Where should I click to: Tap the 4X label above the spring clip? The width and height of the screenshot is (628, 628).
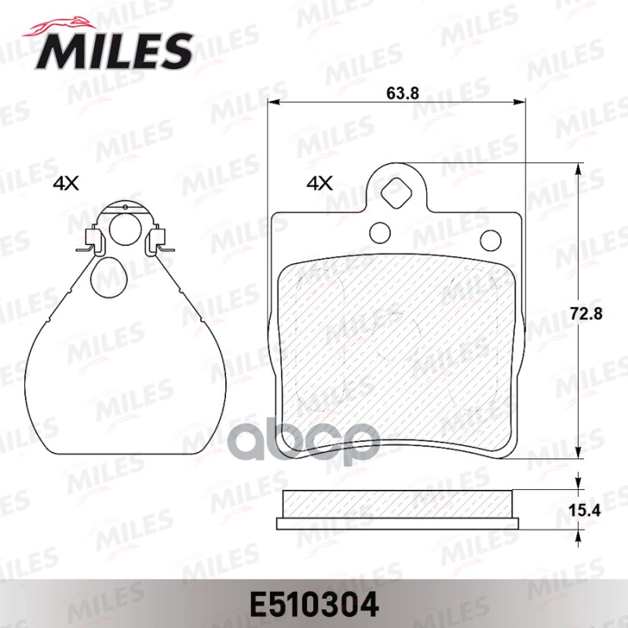[66, 184]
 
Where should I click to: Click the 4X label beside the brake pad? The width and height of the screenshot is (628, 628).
[319, 184]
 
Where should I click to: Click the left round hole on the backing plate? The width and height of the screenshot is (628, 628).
[380, 232]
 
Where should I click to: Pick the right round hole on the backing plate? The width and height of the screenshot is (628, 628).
[491, 239]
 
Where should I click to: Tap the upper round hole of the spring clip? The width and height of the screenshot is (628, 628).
[122, 228]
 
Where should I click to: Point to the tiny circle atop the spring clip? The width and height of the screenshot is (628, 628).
[124, 206]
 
